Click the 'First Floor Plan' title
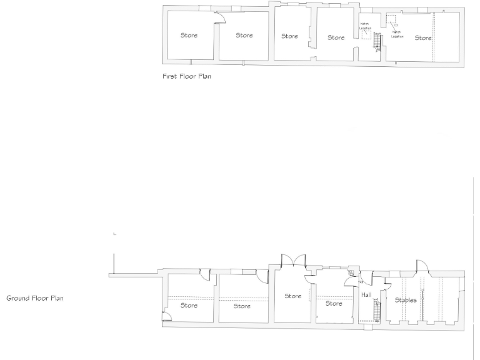point(184,80)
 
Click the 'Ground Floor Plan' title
point(34,298)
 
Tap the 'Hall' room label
point(367,294)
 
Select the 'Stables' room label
point(406,300)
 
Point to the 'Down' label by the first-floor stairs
point(377,34)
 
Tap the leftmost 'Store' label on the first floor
point(189,35)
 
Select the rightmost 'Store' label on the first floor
point(423,37)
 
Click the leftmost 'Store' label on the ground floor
point(189,306)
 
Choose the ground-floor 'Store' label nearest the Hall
point(334,304)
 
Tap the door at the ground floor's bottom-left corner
point(167,316)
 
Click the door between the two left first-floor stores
point(219,17)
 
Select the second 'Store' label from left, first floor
point(244,35)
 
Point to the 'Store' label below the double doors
point(292,296)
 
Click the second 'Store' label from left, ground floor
point(242,306)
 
